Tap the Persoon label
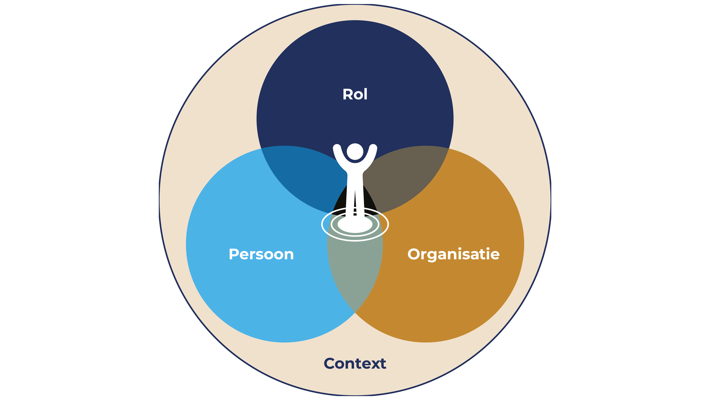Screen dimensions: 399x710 point(261,254)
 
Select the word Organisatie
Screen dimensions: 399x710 point(453,254)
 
